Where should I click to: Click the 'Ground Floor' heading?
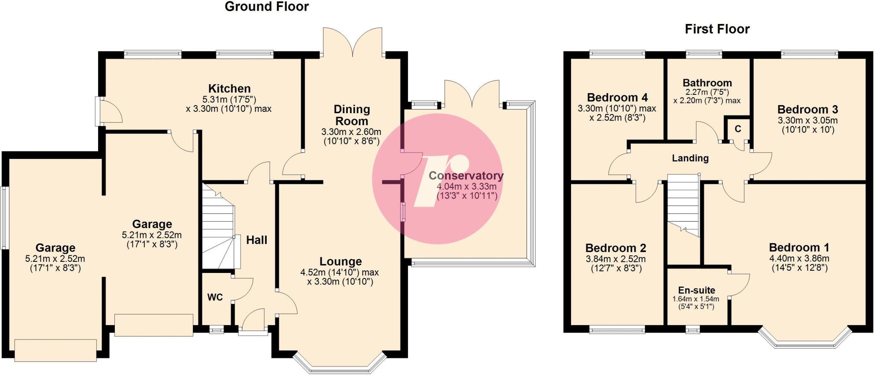click(266, 7)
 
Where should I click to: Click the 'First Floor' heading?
click(717, 29)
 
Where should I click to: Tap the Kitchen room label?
click(229, 89)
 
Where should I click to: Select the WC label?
click(215, 297)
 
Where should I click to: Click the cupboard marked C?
click(737, 129)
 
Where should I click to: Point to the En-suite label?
click(696, 290)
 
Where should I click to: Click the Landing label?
click(690, 158)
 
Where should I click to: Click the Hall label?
click(256, 240)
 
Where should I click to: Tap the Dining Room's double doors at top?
click(353, 43)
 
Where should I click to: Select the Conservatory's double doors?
click(472, 94)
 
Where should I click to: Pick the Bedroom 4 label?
click(617, 98)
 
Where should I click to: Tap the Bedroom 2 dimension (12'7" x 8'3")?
click(616, 269)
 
